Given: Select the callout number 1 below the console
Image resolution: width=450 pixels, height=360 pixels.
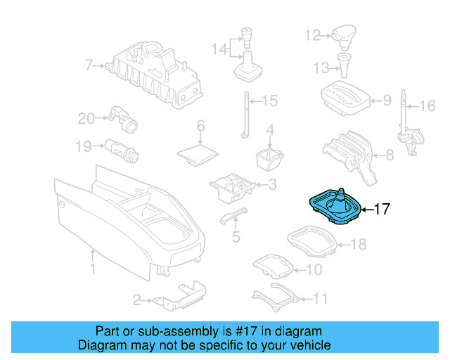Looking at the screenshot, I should coord(92,270).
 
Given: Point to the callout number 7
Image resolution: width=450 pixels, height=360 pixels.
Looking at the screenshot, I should coord(89,66).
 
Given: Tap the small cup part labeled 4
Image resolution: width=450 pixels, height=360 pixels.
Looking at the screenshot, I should coord(269,159).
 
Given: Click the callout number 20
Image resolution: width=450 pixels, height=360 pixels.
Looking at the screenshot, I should coord(86,119).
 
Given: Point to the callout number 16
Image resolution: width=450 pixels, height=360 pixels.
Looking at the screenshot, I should coord(427,107).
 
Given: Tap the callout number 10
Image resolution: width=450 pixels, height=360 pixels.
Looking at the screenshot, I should coord(314,269).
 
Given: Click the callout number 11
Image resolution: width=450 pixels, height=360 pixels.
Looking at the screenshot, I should coord(320,298).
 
